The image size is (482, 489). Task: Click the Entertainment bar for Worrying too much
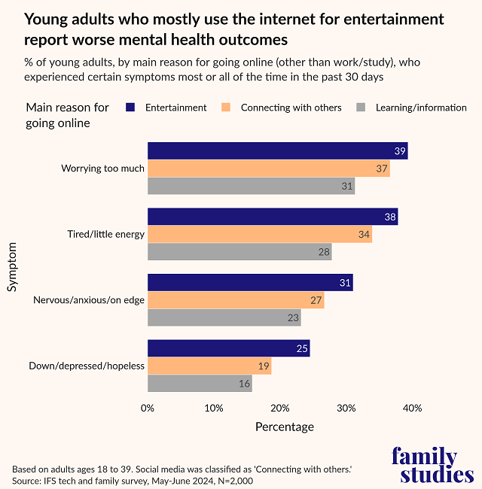tap(277, 150)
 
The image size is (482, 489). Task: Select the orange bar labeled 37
tap(269, 169)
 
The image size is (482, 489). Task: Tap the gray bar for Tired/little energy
tap(239, 252)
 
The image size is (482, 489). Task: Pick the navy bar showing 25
tap(228, 348)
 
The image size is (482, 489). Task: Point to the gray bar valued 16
tap(200, 384)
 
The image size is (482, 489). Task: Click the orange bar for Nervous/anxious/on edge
tap(236, 300)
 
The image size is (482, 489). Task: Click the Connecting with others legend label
tap(291, 108)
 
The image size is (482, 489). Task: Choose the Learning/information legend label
tap(422, 108)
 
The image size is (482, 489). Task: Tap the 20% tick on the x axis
tap(280, 409)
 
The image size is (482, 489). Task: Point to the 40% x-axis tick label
tap(412, 409)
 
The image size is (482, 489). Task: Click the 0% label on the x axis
tap(148, 409)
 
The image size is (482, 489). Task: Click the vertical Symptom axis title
tap(13, 267)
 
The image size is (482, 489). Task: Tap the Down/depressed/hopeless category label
tap(87, 366)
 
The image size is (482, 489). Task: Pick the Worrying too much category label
tap(102, 169)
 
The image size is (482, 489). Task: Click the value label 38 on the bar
tap(389, 217)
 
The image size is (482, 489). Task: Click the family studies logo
tap(433, 465)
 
